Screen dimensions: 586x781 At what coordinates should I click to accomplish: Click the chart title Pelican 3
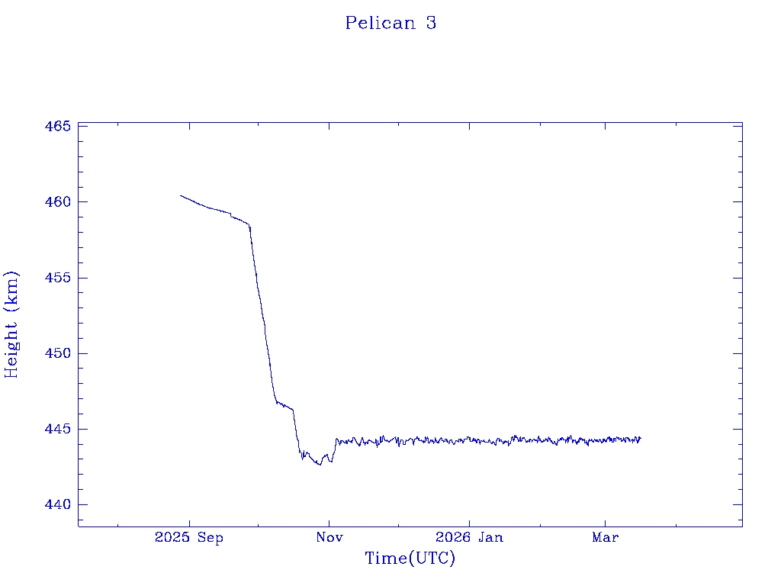(390, 23)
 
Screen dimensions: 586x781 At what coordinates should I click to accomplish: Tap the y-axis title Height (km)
(11, 324)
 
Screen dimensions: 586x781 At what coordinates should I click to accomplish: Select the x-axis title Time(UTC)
(410, 559)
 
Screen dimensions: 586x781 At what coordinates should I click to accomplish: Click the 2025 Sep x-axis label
(189, 538)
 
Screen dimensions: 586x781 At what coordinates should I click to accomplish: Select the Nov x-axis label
(329, 538)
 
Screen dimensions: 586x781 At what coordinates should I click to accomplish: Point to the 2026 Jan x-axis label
(469, 538)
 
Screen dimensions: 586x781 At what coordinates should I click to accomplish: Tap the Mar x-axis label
(606, 538)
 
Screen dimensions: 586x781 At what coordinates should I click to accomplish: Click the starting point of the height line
(181, 195)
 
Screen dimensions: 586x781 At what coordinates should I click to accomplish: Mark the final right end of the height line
(641, 438)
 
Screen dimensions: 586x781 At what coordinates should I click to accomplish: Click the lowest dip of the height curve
(320, 464)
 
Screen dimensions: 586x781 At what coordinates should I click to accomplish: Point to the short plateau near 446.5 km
(284, 406)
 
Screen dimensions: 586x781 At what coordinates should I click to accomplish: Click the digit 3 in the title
(431, 23)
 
